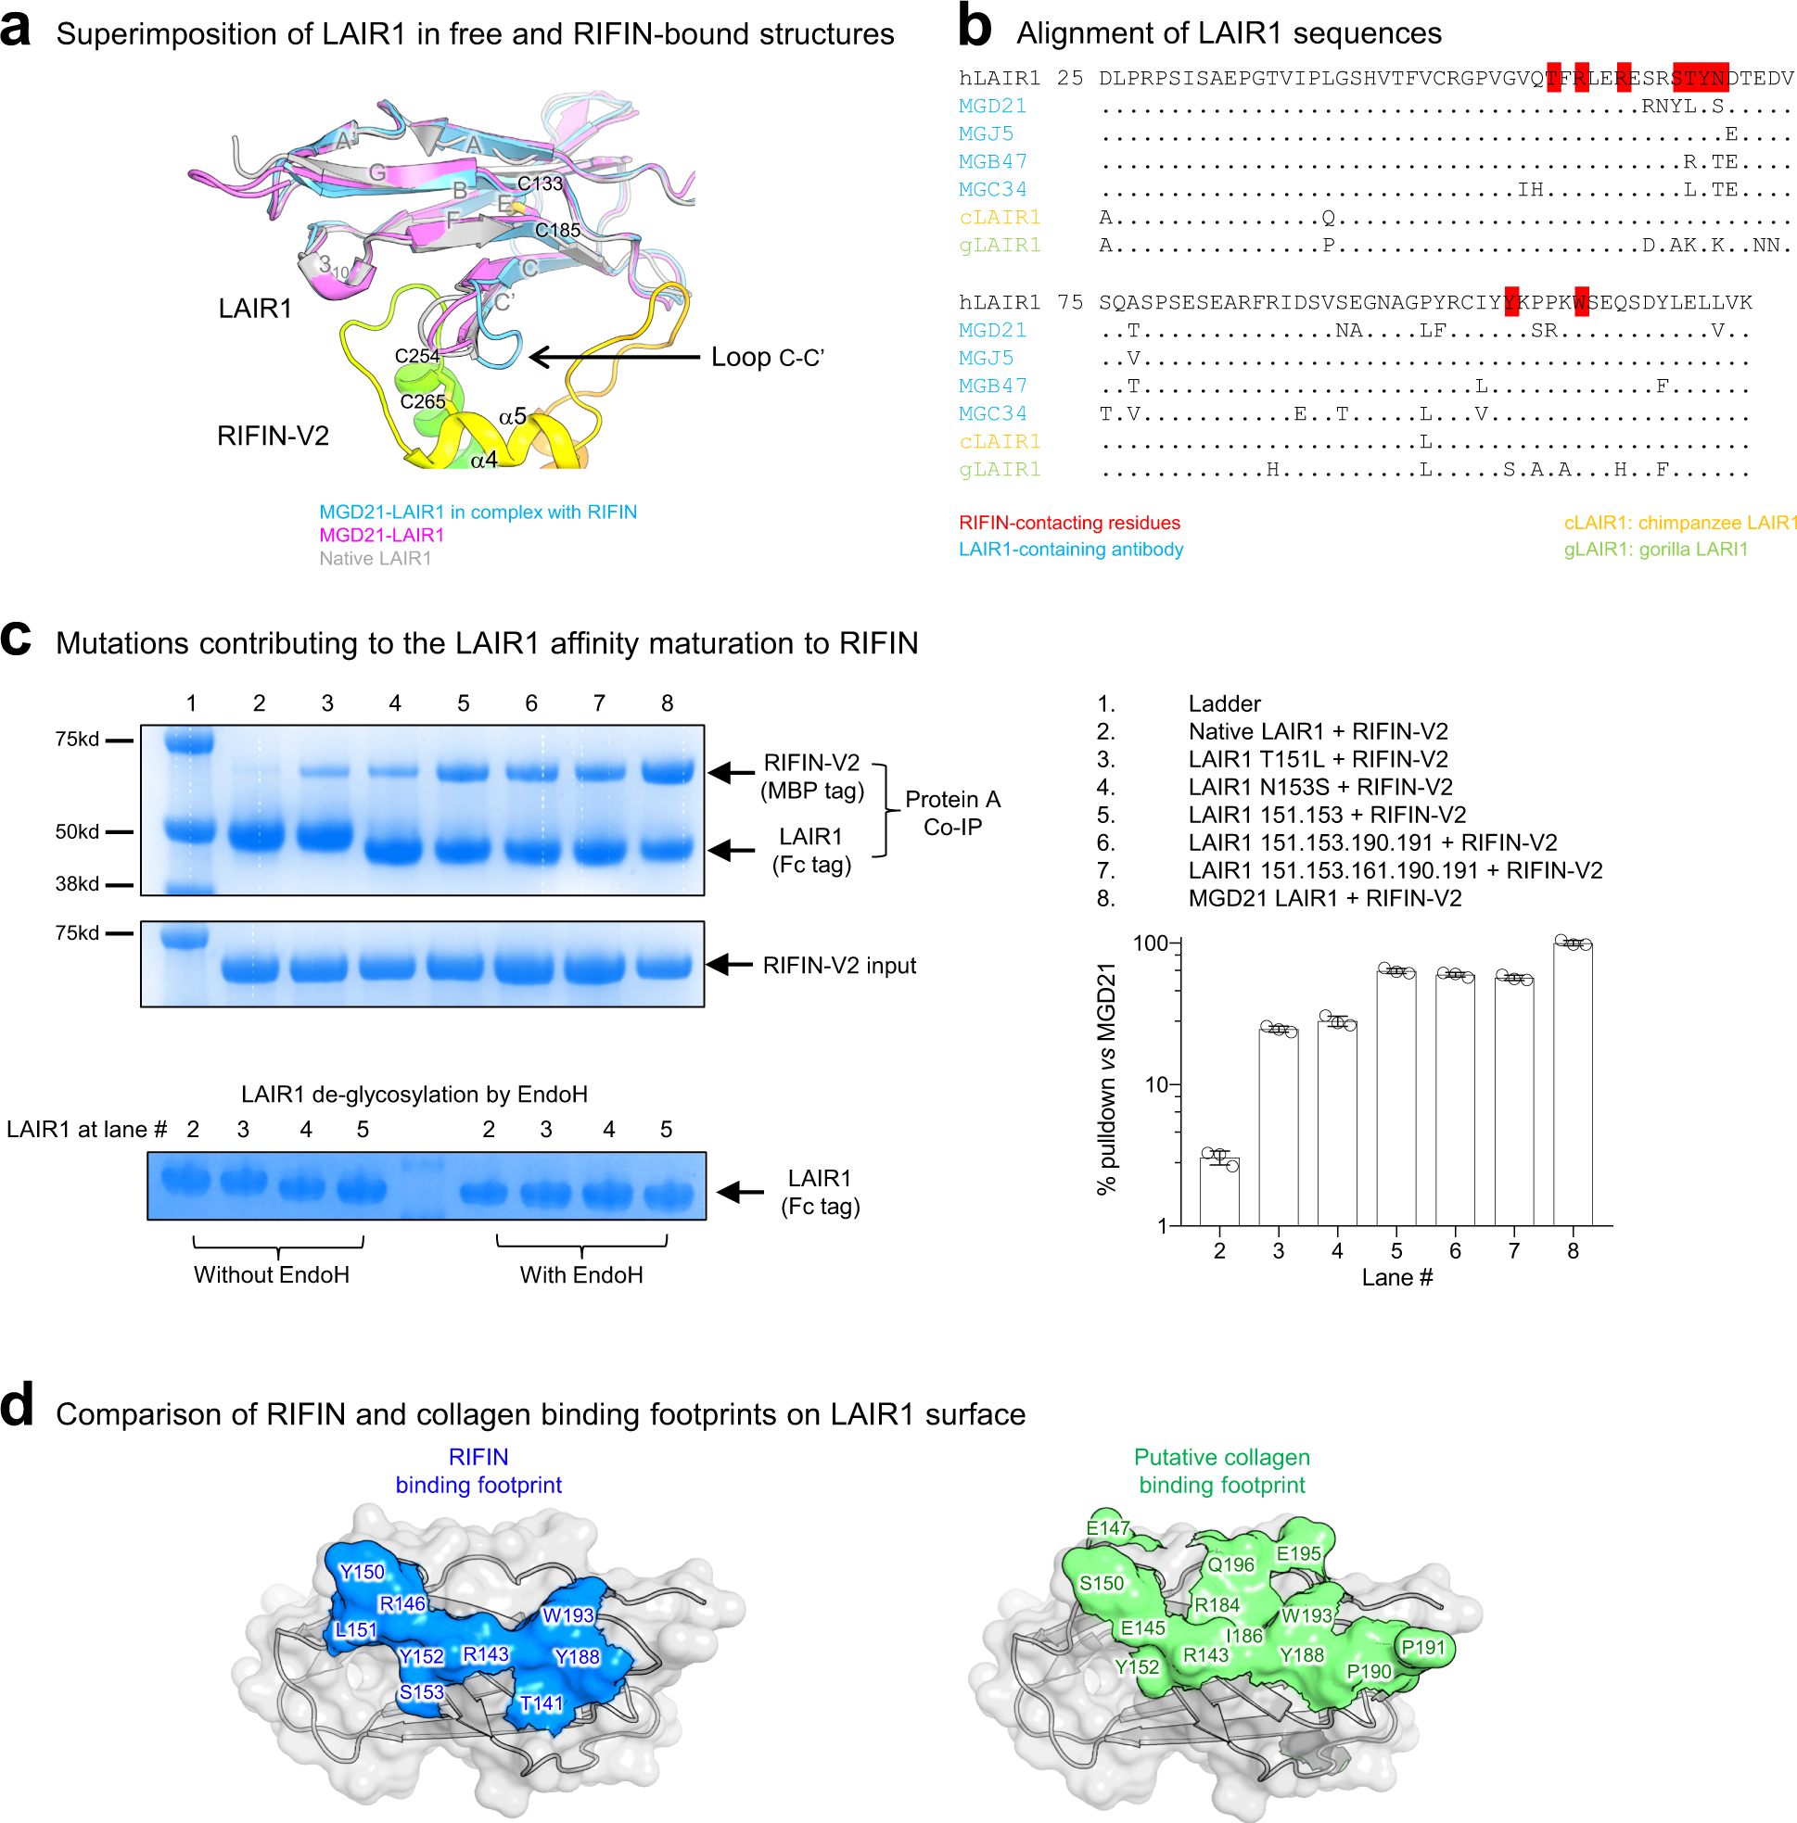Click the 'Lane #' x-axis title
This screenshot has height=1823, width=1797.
click(x=1396, y=1278)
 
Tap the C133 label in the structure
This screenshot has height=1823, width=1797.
click(x=540, y=184)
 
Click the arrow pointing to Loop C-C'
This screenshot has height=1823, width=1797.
click(x=614, y=358)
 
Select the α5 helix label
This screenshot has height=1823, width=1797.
click(x=513, y=416)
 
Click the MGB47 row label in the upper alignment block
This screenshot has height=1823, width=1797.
click(x=993, y=162)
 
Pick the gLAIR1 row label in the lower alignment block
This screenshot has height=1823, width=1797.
click(x=1000, y=470)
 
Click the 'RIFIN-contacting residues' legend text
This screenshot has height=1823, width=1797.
click(x=1069, y=523)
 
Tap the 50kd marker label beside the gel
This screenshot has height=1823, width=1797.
click(x=76, y=832)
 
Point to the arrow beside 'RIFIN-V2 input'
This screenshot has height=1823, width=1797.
click(x=730, y=966)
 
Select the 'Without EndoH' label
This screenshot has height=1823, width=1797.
click(x=272, y=1275)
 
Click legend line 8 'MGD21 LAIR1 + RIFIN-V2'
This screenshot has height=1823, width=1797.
click(x=1324, y=899)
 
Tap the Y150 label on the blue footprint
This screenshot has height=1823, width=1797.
click(x=363, y=1573)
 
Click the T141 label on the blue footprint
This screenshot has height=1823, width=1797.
click(x=542, y=1704)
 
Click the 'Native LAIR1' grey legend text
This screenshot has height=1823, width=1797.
click(x=375, y=559)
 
